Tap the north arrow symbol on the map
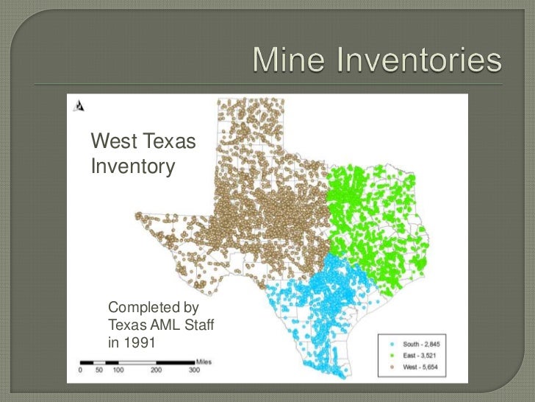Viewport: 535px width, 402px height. pos(76,105)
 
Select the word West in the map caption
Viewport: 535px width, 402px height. pos(112,139)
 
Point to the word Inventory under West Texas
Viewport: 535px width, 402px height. pos(132,167)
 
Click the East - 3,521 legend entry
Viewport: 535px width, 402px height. pos(417,355)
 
